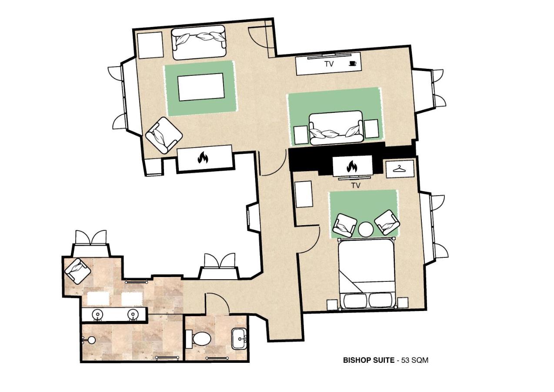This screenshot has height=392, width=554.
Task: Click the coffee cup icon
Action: [352, 64]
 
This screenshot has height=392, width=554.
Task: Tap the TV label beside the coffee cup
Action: [329, 64]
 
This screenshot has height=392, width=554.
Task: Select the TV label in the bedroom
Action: [356, 186]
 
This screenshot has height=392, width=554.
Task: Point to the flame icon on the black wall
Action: [352, 166]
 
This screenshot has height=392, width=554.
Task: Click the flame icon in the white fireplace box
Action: [203, 158]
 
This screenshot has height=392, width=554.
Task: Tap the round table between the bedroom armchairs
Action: [366, 229]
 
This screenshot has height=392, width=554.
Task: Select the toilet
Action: [201, 338]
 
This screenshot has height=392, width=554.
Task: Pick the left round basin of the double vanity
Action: [97, 314]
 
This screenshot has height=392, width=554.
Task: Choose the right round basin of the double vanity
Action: [133, 314]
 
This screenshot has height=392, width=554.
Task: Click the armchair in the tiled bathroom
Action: [78, 271]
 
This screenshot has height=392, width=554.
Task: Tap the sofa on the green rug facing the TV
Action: [336, 127]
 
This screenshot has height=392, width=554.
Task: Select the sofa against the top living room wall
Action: [199, 42]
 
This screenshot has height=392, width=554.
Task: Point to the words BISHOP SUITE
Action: [368, 360]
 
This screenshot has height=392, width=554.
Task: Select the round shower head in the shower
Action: [91, 340]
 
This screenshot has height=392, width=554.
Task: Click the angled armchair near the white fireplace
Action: [163, 135]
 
